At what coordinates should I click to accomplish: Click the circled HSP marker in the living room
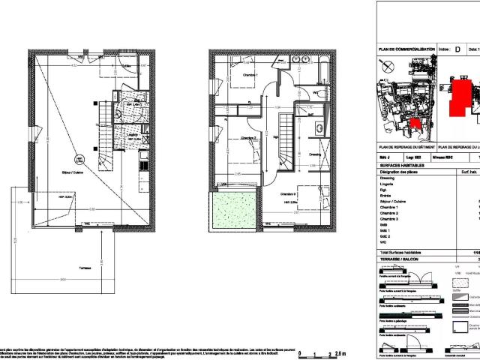[78, 159]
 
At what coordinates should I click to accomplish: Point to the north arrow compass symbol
[386, 66]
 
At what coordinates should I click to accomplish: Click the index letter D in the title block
[457, 49]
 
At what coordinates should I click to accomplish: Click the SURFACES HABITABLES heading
[402, 165]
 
